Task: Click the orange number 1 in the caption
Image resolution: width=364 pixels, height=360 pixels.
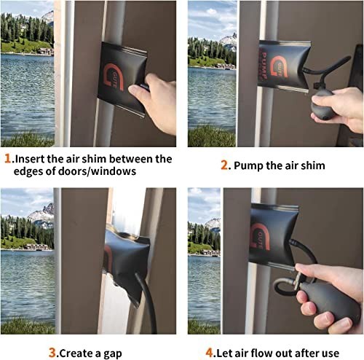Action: (x=7, y=159)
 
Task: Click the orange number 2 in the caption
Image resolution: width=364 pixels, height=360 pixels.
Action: (x=224, y=165)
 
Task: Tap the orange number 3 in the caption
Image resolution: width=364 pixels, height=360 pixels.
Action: (x=52, y=353)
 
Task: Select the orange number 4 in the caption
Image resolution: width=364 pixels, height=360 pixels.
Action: (x=209, y=353)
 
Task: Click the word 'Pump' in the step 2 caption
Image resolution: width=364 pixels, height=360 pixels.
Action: (x=248, y=166)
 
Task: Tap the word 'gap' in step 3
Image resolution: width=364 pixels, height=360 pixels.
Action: (x=113, y=353)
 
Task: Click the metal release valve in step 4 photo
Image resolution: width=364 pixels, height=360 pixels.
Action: (x=298, y=280)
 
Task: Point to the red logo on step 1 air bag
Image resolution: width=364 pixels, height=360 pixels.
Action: (x=114, y=77)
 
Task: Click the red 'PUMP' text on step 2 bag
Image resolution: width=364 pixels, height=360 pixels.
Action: (x=264, y=65)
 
